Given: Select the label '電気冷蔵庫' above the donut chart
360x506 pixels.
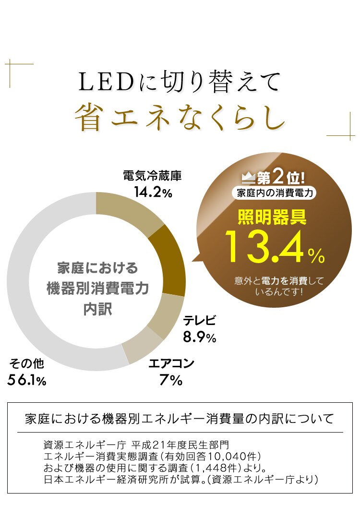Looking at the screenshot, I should pyautogui.click(x=152, y=176).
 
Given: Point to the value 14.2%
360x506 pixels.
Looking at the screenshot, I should pyautogui.click(x=153, y=193).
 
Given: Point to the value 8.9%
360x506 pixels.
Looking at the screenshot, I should pyautogui.click(x=199, y=337).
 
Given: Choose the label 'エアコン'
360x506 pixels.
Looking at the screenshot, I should pyautogui.click(x=171, y=363).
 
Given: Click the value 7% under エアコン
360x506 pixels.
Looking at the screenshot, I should pyautogui.click(x=171, y=381).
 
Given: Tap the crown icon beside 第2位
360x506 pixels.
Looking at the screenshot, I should pyautogui.click(x=248, y=178).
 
